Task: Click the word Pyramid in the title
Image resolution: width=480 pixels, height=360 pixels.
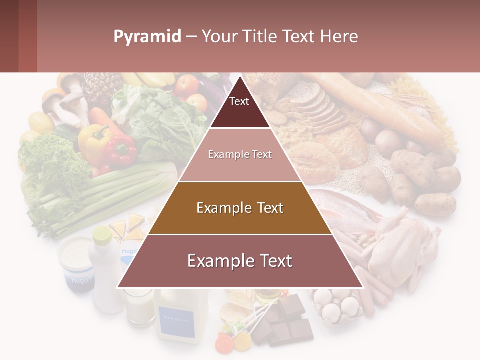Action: tap(147, 36)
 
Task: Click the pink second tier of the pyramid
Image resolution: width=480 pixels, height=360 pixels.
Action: tap(240, 155)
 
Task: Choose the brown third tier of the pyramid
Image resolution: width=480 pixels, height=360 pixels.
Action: tap(240, 208)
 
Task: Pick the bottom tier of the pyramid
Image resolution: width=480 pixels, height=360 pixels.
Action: tap(240, 261)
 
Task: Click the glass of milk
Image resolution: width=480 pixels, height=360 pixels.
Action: tap(139, 307)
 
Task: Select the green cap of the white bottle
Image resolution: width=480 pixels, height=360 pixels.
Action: tap(102, 234)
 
